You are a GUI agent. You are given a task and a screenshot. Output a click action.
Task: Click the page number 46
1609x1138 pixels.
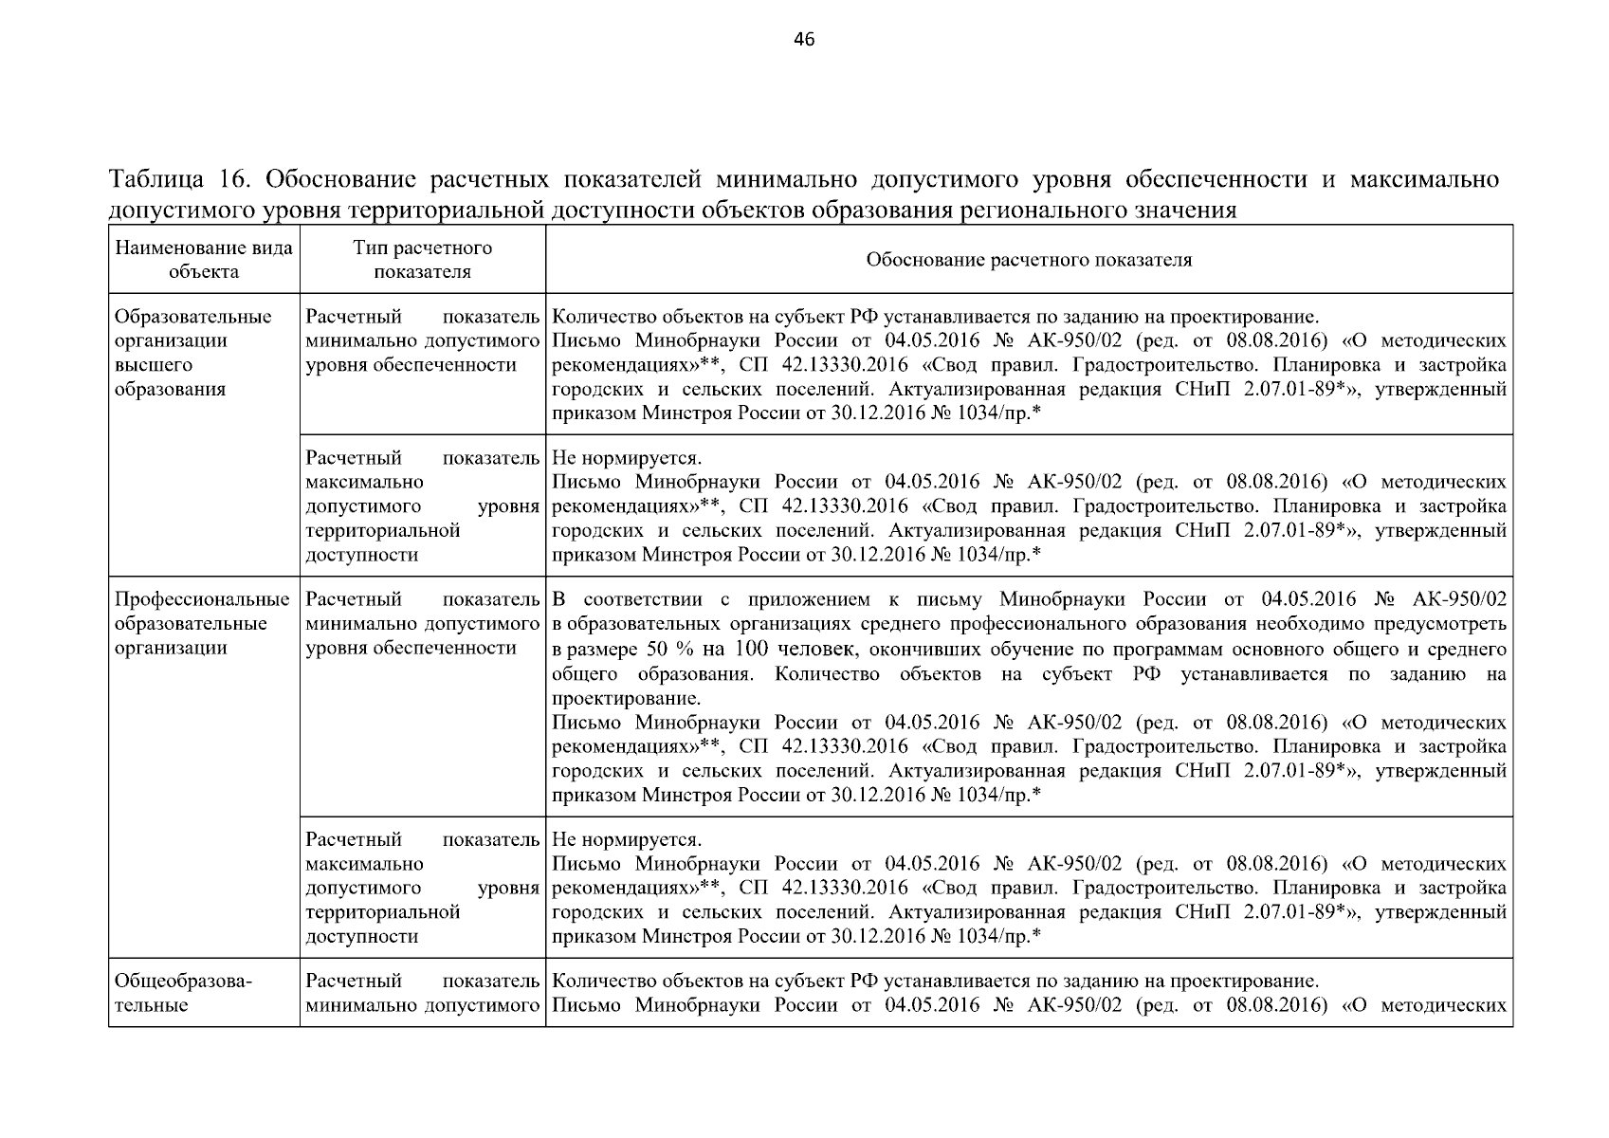803,39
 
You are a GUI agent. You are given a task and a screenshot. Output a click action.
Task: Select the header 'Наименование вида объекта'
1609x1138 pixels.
204,259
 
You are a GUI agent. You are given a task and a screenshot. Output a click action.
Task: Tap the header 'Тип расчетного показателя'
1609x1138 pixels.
422,259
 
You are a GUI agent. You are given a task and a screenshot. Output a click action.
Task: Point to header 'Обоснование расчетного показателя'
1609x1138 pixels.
1029,260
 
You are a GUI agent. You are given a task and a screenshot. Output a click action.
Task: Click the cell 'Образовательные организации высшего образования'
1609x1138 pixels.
192,353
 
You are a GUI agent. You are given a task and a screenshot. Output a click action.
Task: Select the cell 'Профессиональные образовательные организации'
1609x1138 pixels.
202,624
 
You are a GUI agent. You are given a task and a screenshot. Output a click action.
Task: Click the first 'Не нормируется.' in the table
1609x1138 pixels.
626,459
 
